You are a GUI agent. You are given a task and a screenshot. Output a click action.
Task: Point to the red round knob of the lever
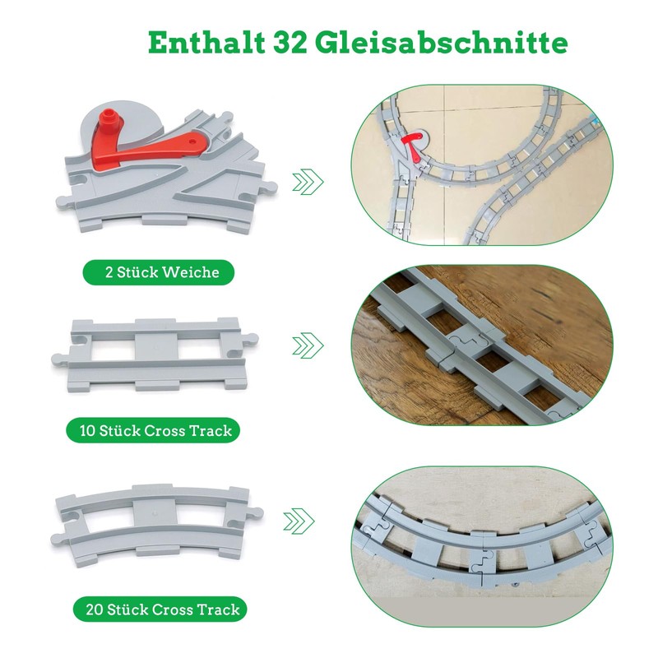[107, 126]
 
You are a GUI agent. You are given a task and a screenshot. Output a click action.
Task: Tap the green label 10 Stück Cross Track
[155, 430]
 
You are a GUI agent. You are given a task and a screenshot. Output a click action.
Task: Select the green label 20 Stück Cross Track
[161, 609]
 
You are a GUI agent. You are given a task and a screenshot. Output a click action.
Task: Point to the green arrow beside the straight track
[307, 346]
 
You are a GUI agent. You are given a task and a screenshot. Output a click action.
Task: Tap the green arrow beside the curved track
[299, 521]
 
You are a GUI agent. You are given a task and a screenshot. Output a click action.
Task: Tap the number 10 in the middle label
[88, 431]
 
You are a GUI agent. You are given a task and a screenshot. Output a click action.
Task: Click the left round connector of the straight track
[58, 358]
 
